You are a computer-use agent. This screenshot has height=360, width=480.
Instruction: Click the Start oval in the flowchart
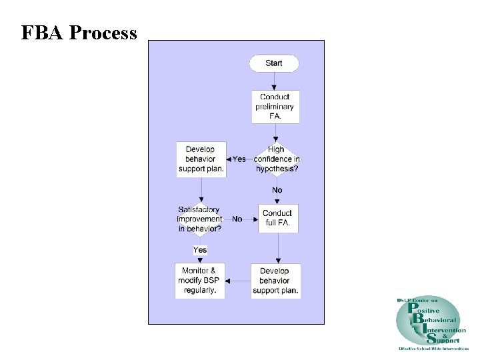(x=274, y=63)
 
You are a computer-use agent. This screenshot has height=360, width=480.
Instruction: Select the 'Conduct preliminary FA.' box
(x=275, y=107)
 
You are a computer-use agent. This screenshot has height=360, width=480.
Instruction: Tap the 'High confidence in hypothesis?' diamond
(x=276, y=159)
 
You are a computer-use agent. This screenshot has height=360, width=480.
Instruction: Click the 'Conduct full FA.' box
(x=278, y=218)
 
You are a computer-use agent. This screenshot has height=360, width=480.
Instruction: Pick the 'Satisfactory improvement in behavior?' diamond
(x=200, y=219)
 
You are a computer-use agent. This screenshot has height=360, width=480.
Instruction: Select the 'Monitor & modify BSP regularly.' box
(x=200, y=281)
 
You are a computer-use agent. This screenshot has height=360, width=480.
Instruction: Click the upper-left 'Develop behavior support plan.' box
(x=201, y=159)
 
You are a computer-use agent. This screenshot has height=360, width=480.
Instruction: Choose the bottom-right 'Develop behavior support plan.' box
(x=275, y=281)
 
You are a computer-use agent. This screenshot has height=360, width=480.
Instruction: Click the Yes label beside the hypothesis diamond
(x=238, y=159)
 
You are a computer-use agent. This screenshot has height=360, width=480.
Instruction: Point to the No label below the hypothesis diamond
(x=277, y=190)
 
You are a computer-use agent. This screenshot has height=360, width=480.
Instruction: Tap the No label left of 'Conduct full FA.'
(x=237, y=219)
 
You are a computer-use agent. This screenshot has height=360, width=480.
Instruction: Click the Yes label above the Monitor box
(x=200, y=250)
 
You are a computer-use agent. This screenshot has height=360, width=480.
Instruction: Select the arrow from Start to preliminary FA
(x=274, y=81)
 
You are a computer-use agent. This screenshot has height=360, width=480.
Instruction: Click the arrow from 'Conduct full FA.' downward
(x=278, y=248)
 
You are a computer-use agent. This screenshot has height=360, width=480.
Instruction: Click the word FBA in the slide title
(x=42, y=33)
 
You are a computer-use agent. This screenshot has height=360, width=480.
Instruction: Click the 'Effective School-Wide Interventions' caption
(x=433, y=349)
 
